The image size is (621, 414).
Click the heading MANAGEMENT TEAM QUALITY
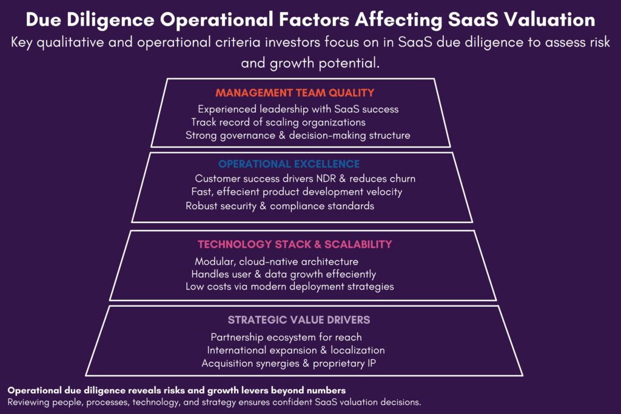coord(295,93)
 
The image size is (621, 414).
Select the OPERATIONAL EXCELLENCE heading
coord(289,164)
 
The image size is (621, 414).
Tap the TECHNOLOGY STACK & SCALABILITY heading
coord(295,244)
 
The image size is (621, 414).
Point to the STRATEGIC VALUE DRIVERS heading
coord(299,320)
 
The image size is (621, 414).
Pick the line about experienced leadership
coord(298,109)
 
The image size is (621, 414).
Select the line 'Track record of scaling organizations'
coord(278,122)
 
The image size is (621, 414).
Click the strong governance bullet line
coord(298,135)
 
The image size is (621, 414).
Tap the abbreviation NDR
coord(326,178)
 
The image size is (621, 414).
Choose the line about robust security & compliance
coord(280,206)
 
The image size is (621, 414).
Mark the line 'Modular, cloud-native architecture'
coord(277,262)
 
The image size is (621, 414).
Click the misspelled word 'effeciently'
coord(351,275)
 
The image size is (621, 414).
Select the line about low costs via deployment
coord(290,287)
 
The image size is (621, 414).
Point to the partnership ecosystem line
coord(286,337)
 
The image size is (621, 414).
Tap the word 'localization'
coord(358,350)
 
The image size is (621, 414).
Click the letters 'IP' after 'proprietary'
coord(371,363)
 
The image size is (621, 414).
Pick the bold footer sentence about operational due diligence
coord(176,390)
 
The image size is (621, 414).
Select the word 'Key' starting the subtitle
coord(21,43)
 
